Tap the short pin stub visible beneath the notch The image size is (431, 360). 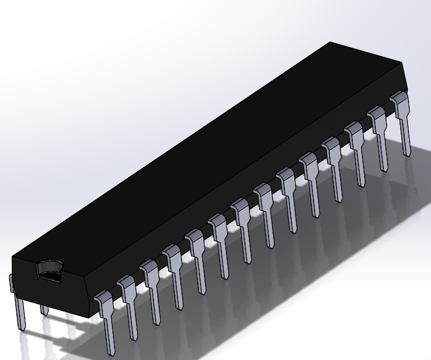[44, 309]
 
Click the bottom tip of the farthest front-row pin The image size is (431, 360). [406, 152]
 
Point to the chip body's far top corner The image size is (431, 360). [330, 42]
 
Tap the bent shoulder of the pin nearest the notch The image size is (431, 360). [102, 296]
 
